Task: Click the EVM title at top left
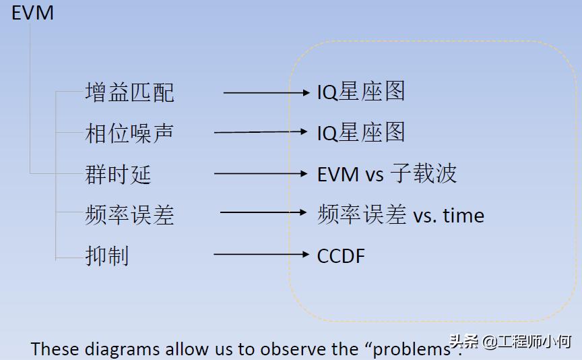(32, 13)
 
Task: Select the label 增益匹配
(129, 92)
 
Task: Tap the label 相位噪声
(129, 132)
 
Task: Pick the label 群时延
(118, 174)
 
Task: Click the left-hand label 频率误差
(129, 215)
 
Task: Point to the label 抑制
(107, 256)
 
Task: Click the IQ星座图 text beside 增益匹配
(361, 92)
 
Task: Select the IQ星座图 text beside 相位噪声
(361, 132)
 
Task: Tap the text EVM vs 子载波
(387, 174)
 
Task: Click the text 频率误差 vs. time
(401, 215)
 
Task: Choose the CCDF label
(341, 256)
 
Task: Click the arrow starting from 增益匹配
(265, 92)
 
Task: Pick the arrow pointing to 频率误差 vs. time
(263, 213)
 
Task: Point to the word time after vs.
(463, 216)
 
